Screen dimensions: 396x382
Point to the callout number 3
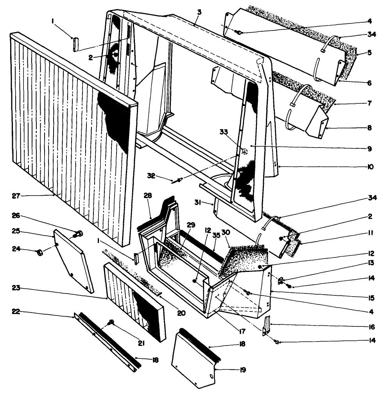pyautogui.click(x=199, y=12)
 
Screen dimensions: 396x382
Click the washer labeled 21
pyautogui.click(x=111, y=322)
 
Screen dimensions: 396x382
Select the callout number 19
pyautogui.click(x=242, y=369)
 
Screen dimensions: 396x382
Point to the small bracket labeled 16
pyautogui.click(x=267, y=326)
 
